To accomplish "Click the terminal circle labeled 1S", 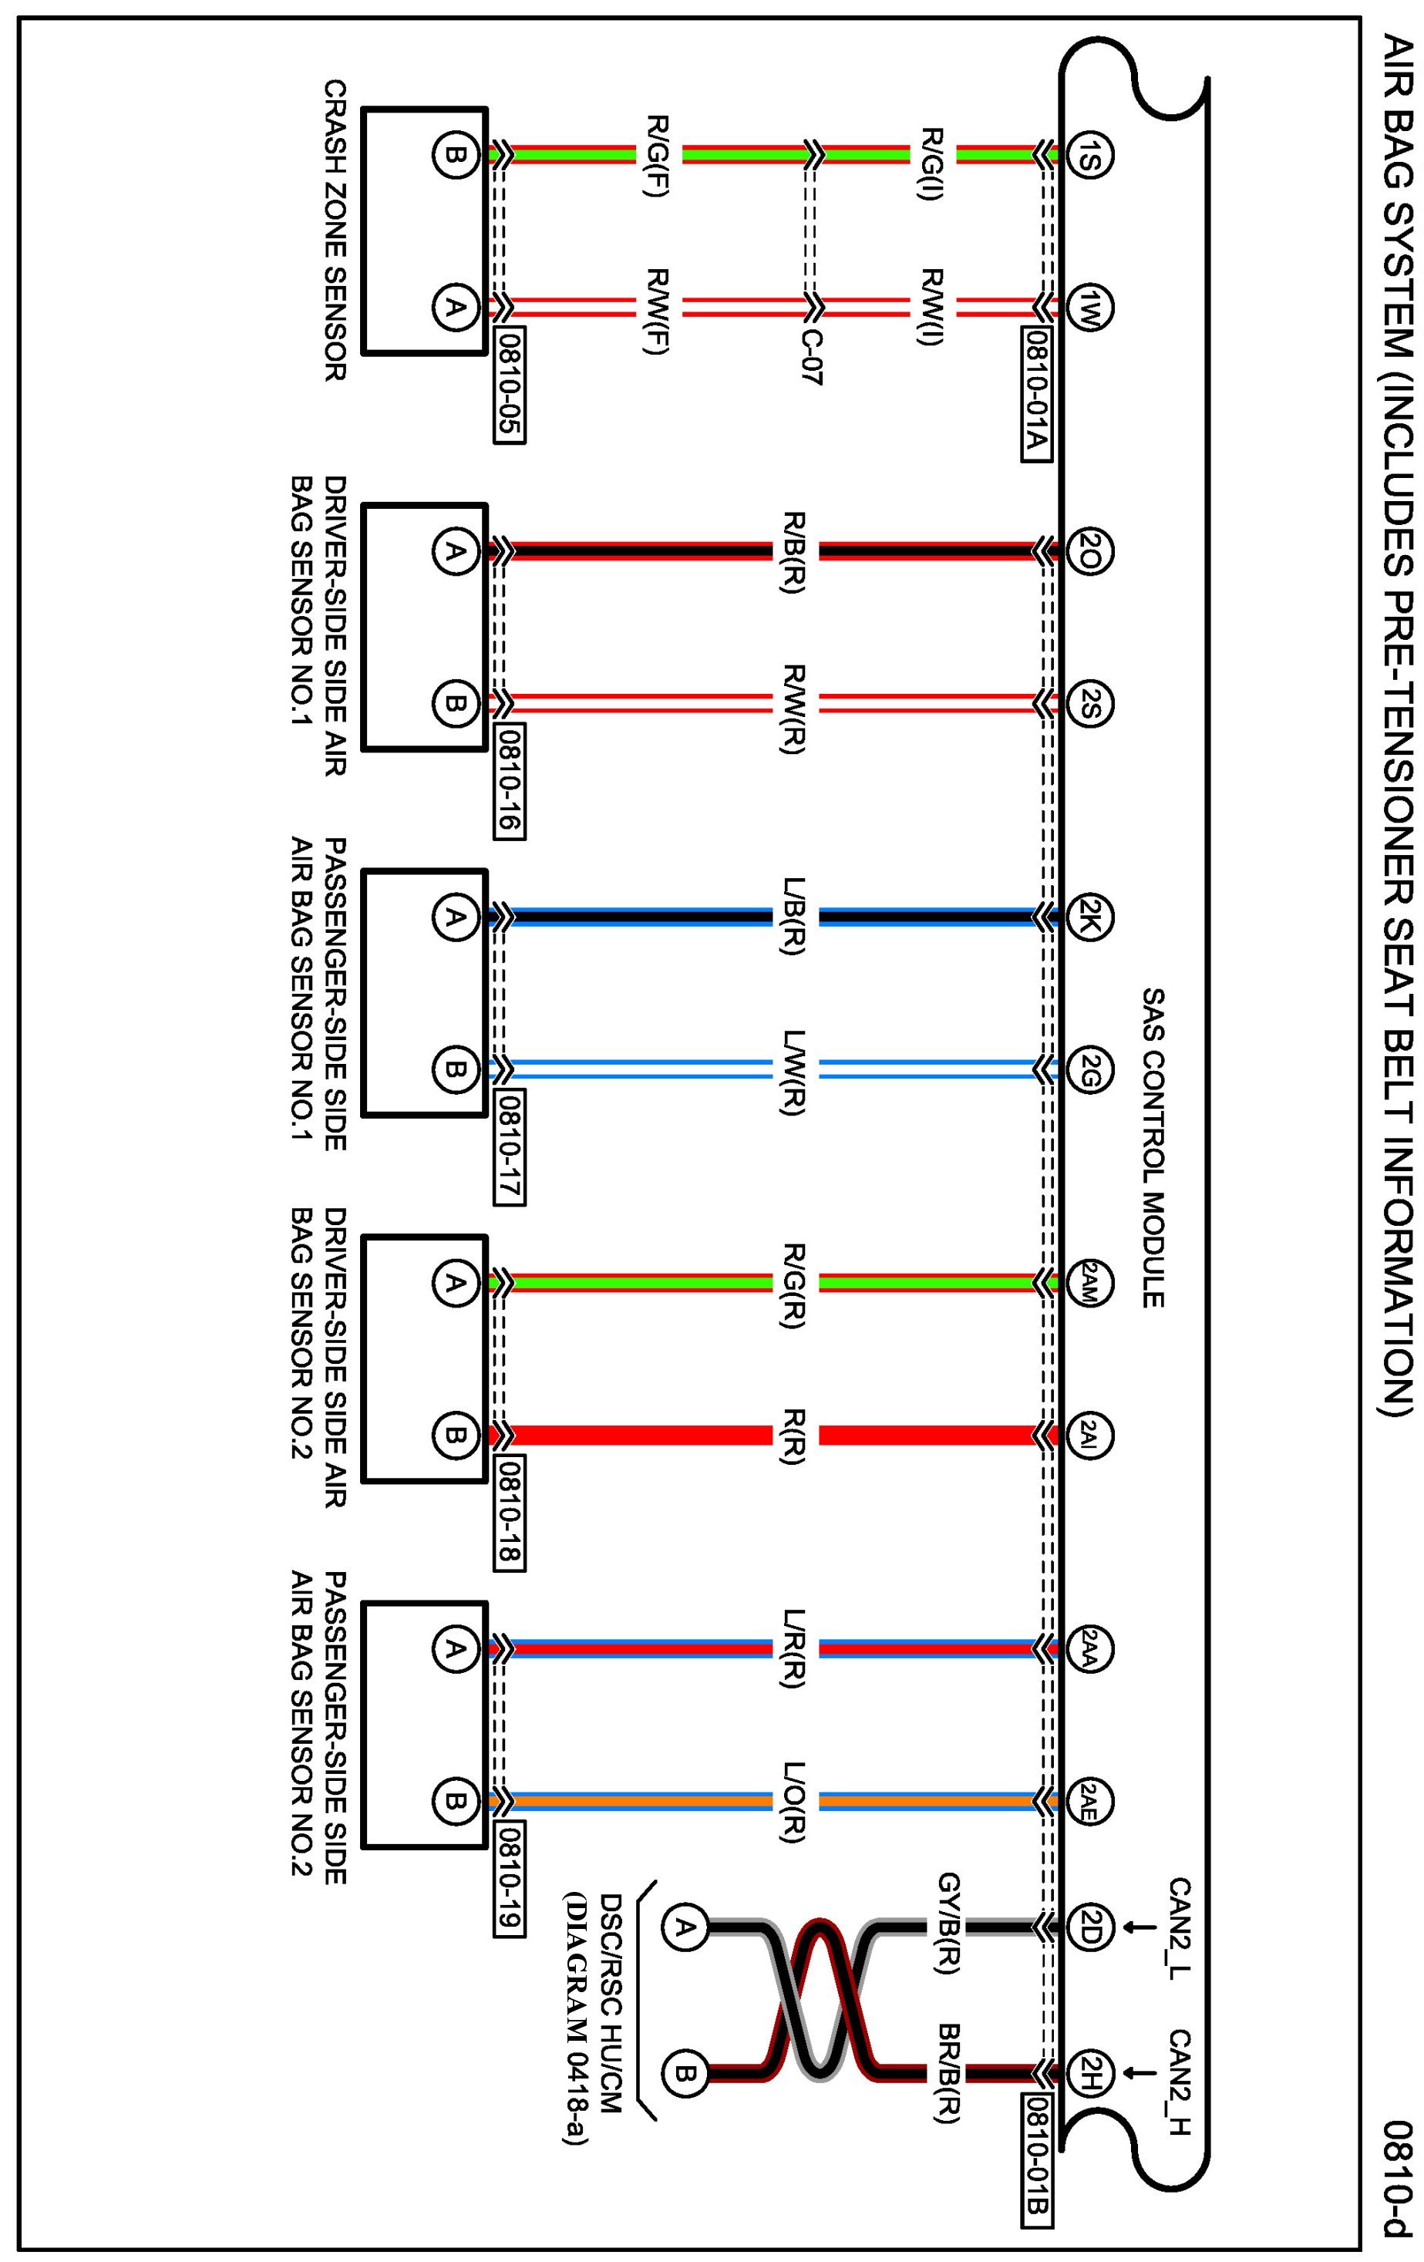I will tap(1090, 155).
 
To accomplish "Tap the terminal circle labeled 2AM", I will tap(1090, 1282).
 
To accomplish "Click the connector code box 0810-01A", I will tap(1035, 396).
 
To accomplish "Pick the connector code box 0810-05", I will tap(509, 385).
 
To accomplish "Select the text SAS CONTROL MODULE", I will tap(1153, 1146).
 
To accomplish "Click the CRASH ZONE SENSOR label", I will tap(335, 231).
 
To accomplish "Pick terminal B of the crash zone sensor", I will tap(453, 155).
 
